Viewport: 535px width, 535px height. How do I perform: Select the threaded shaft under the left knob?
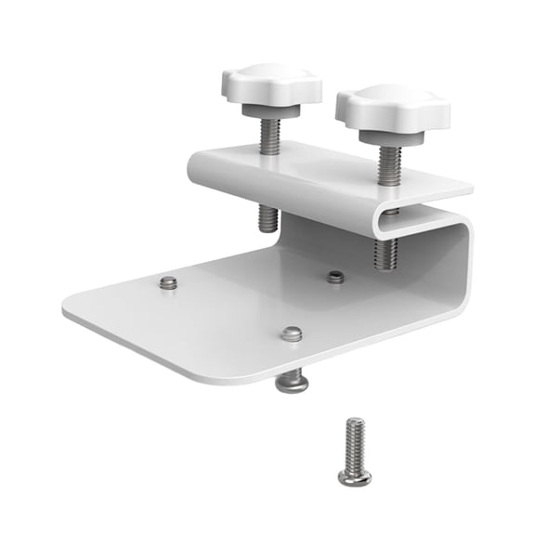[269, 136]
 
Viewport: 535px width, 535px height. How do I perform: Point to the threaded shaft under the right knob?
[389, 163]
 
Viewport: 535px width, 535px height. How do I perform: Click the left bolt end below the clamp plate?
[267, 218]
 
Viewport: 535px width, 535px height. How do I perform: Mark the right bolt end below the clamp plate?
[385, 254]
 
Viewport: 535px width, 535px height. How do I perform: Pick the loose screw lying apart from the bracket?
[355, 451]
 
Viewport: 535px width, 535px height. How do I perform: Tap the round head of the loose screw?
[355, 476]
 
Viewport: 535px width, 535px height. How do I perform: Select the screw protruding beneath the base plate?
[293, 380]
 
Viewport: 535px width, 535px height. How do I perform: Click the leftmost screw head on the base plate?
[168, 282]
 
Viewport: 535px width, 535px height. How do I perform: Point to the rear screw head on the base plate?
[336, 276]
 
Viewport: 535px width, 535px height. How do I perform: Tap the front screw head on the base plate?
[292, 333]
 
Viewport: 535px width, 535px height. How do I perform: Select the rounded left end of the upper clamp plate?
[196, 167]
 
